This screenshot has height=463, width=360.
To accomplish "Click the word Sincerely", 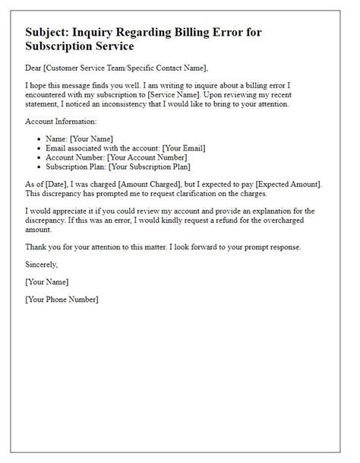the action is pos(41,264).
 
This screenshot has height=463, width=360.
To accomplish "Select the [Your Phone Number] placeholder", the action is pos(62,299).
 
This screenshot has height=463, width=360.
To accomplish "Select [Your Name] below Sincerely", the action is pos(46,282).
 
